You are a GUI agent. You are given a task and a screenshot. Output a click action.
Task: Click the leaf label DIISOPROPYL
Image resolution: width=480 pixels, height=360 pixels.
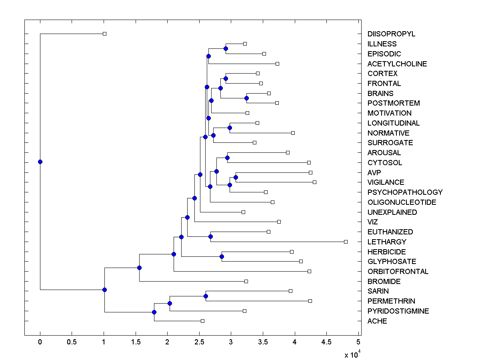click(x=391, y=34)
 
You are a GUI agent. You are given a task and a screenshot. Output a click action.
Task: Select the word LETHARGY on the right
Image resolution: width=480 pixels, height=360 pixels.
click(x=387, y=242)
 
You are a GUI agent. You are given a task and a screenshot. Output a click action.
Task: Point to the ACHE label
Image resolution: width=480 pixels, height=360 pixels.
click(x=377, y=321)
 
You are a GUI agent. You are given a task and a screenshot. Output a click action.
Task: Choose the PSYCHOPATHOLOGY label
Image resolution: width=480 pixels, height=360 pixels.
click(x=405, y=192)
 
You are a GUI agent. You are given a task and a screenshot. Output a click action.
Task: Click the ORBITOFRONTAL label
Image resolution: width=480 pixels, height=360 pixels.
click(x=398, y=271)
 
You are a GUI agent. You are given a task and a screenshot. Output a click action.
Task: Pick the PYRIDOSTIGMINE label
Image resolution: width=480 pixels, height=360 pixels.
click(x=398, y=311)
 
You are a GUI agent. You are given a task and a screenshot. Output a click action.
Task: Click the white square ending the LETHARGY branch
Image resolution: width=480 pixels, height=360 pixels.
click(x=346, y=242)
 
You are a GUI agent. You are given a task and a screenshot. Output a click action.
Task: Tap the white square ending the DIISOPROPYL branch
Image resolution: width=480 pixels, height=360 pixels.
click(x=104, y=34)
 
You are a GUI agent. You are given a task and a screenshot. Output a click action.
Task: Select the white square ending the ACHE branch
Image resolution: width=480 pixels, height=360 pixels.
click(x=202, y=321)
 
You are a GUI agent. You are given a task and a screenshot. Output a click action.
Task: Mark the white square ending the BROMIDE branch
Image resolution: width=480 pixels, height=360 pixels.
click(x=246, y=281)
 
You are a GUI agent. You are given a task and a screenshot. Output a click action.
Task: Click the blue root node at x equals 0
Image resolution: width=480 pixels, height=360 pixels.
click(x=40, y=162)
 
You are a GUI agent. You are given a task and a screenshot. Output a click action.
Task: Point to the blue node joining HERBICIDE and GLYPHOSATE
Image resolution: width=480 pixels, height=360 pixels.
click(x=222, y=256)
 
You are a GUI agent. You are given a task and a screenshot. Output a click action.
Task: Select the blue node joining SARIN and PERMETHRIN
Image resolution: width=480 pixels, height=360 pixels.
click(x=206, y=296)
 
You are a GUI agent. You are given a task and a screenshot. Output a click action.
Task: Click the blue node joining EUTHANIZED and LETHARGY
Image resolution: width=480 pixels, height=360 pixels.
click(x=210, y=236)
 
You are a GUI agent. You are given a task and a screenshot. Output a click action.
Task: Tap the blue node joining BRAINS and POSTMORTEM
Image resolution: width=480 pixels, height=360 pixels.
click(x=246, y=98)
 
